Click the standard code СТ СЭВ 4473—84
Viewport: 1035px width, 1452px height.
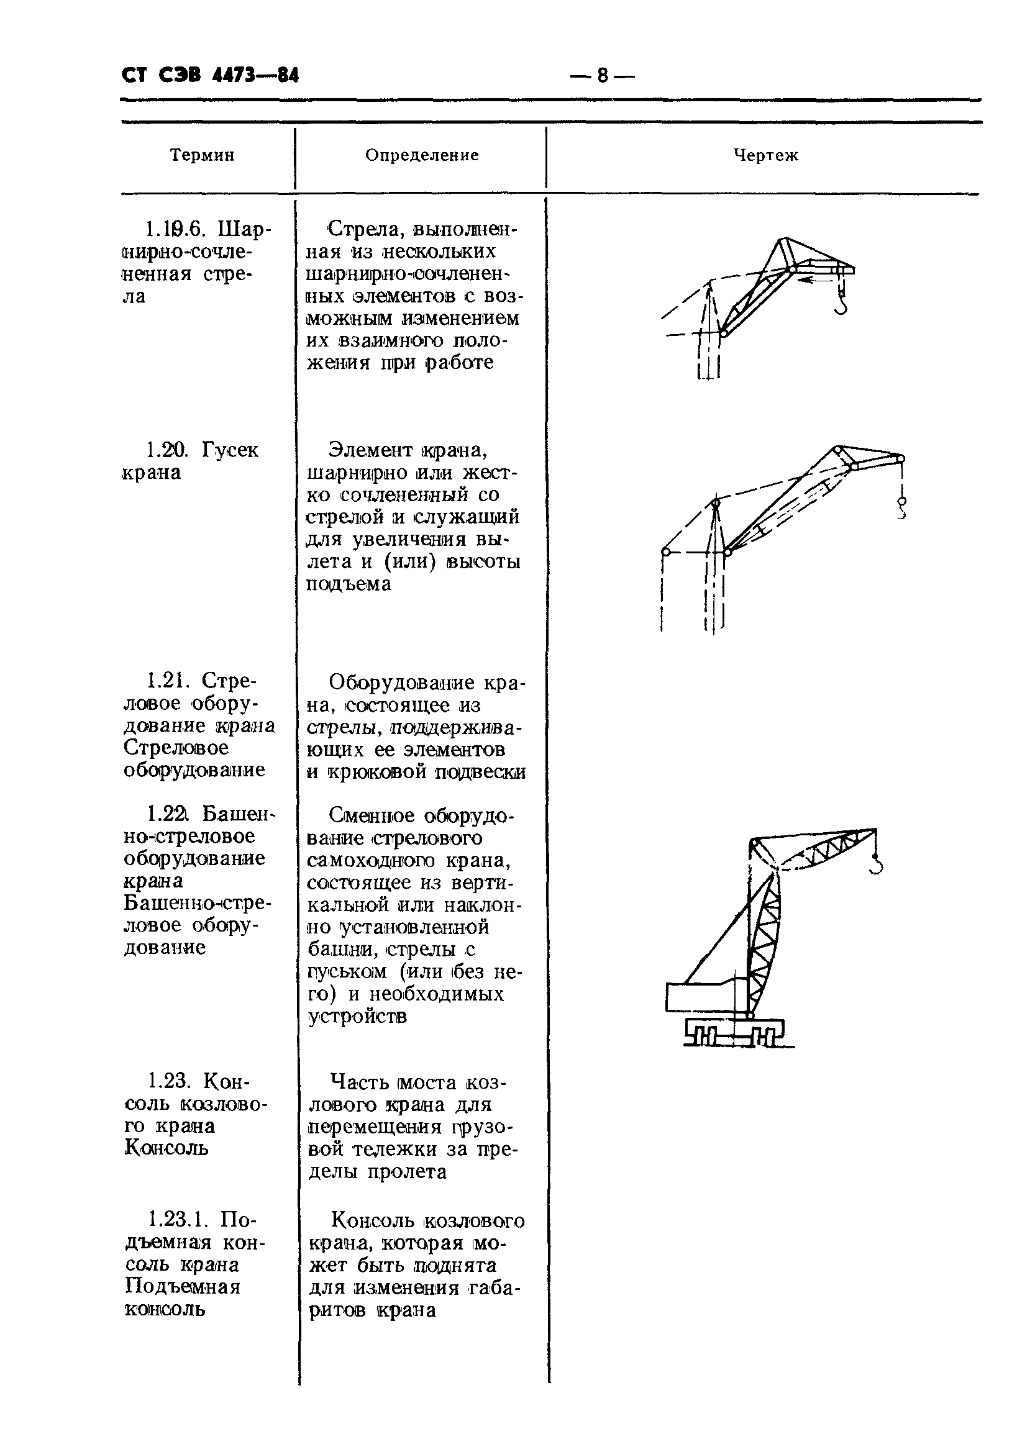tap(210, 76)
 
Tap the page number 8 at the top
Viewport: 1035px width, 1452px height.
tap(602, 76)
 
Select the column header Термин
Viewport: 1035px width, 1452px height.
tap(202, 155)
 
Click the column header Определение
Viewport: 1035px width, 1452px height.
tap(422, 155)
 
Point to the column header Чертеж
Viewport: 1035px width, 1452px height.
tap(765, 155)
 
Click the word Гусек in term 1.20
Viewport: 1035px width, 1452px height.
tap(230, 450)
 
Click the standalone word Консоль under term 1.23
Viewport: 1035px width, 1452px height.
tap(166, 1148)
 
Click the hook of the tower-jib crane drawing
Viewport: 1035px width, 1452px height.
tap(877, 866)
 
